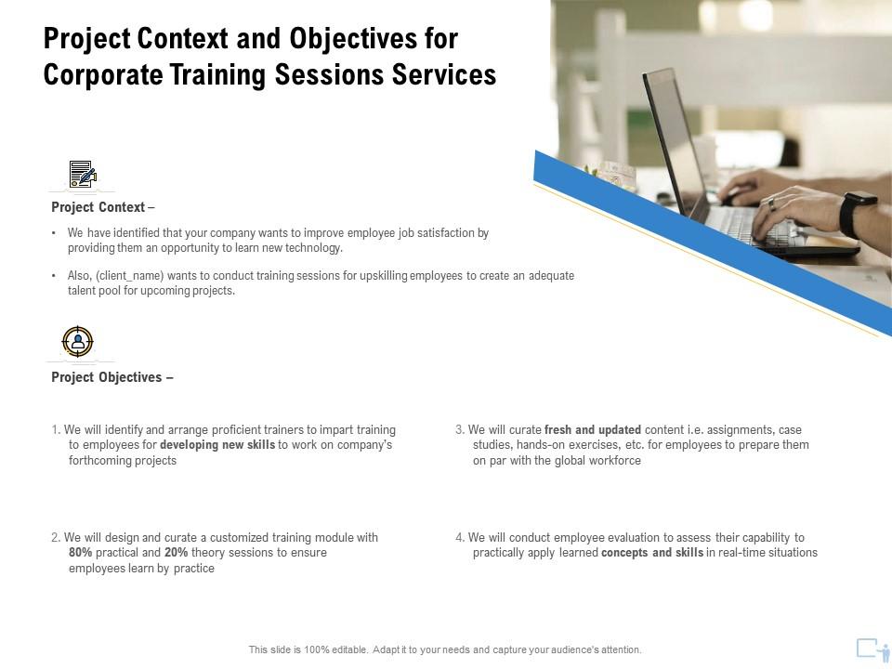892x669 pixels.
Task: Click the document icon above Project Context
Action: click(82, 174)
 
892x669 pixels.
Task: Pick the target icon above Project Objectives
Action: click(78, 342)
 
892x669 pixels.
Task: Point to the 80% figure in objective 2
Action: click(81, 553)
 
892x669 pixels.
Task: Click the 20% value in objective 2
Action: click(177, 553)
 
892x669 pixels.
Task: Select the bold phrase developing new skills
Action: click(217, 446)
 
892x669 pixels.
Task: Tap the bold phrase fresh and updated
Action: click(593, 430)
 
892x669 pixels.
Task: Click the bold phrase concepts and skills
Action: click(651, 553)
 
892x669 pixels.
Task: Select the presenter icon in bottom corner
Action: click(872, 649)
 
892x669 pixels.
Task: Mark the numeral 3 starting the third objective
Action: click(459, 430)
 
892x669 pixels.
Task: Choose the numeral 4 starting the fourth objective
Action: click(459, 537)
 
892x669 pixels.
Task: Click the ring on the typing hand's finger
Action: click(770, 202)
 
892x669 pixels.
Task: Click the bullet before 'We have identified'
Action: click(55, 234)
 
